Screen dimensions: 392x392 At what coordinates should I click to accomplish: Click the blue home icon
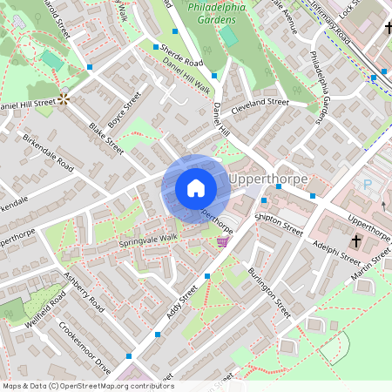click(x=196, y=188)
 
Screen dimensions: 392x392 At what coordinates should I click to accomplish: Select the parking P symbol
click(x=367, y=185)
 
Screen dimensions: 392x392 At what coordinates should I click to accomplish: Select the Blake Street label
click(x=106, y=139)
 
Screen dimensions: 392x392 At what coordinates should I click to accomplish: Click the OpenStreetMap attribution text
click(x=87, y=386)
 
